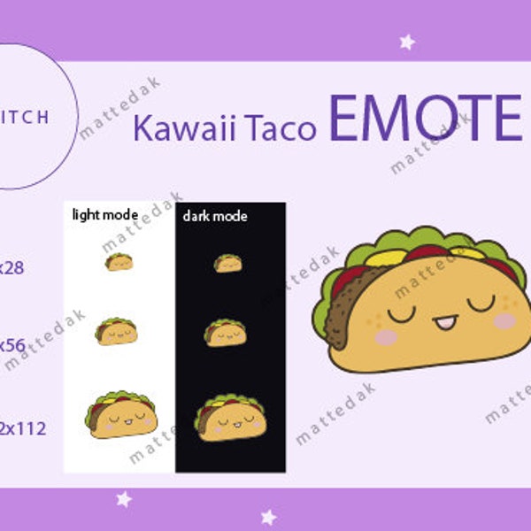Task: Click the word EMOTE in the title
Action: (x=426, y=120)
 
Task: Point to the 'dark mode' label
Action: (x=215, y=215)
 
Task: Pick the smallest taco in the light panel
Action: (x=119, y=262)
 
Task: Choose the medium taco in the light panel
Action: (x=116, y=332)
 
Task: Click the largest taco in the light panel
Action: (x=121, y=414)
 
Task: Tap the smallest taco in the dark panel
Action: (x=227, y=263)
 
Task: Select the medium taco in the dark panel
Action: (x=226, y=333)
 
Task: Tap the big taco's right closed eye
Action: (x=481, y=304)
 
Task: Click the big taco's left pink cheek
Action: (x=387, y=337)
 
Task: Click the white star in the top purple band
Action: (x=407, y=42)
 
